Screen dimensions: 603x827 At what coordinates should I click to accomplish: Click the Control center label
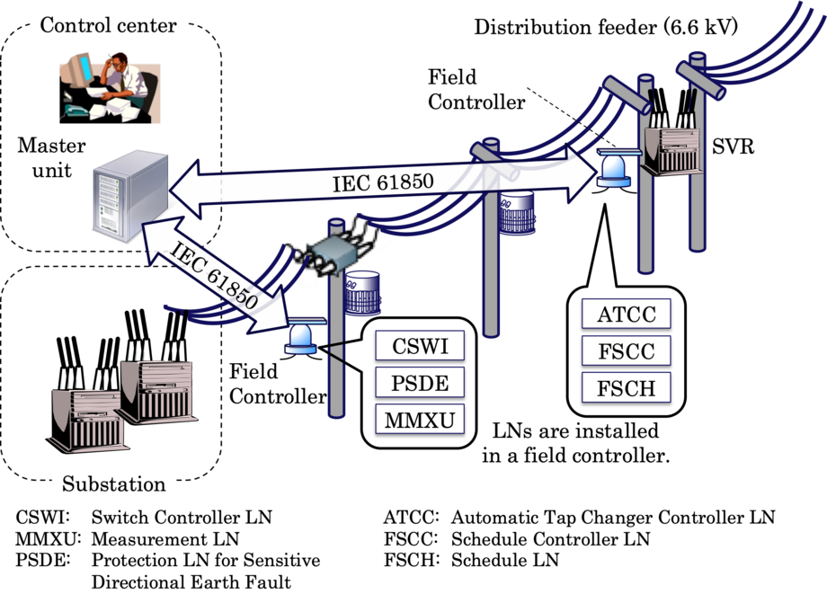[109, 24]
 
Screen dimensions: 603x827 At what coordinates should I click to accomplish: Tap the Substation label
[113, 483]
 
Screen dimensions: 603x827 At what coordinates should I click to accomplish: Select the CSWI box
[420, 345]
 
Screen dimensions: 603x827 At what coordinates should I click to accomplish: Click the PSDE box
[420, 382]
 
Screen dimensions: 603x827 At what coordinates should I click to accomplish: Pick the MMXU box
[420, 419]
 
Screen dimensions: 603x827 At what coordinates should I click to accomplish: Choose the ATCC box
[626, 315]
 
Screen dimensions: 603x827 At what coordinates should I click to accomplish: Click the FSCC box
[626, 350]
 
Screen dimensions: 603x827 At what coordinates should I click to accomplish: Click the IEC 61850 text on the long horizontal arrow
[383, 182]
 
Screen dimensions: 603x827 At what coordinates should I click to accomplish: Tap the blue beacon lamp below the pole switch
[300, 337]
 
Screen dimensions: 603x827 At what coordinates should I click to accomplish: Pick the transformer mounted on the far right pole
[671, 144]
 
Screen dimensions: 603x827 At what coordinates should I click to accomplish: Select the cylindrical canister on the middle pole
[518, 210]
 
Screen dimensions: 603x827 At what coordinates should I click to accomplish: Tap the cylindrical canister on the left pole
[363, 292]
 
